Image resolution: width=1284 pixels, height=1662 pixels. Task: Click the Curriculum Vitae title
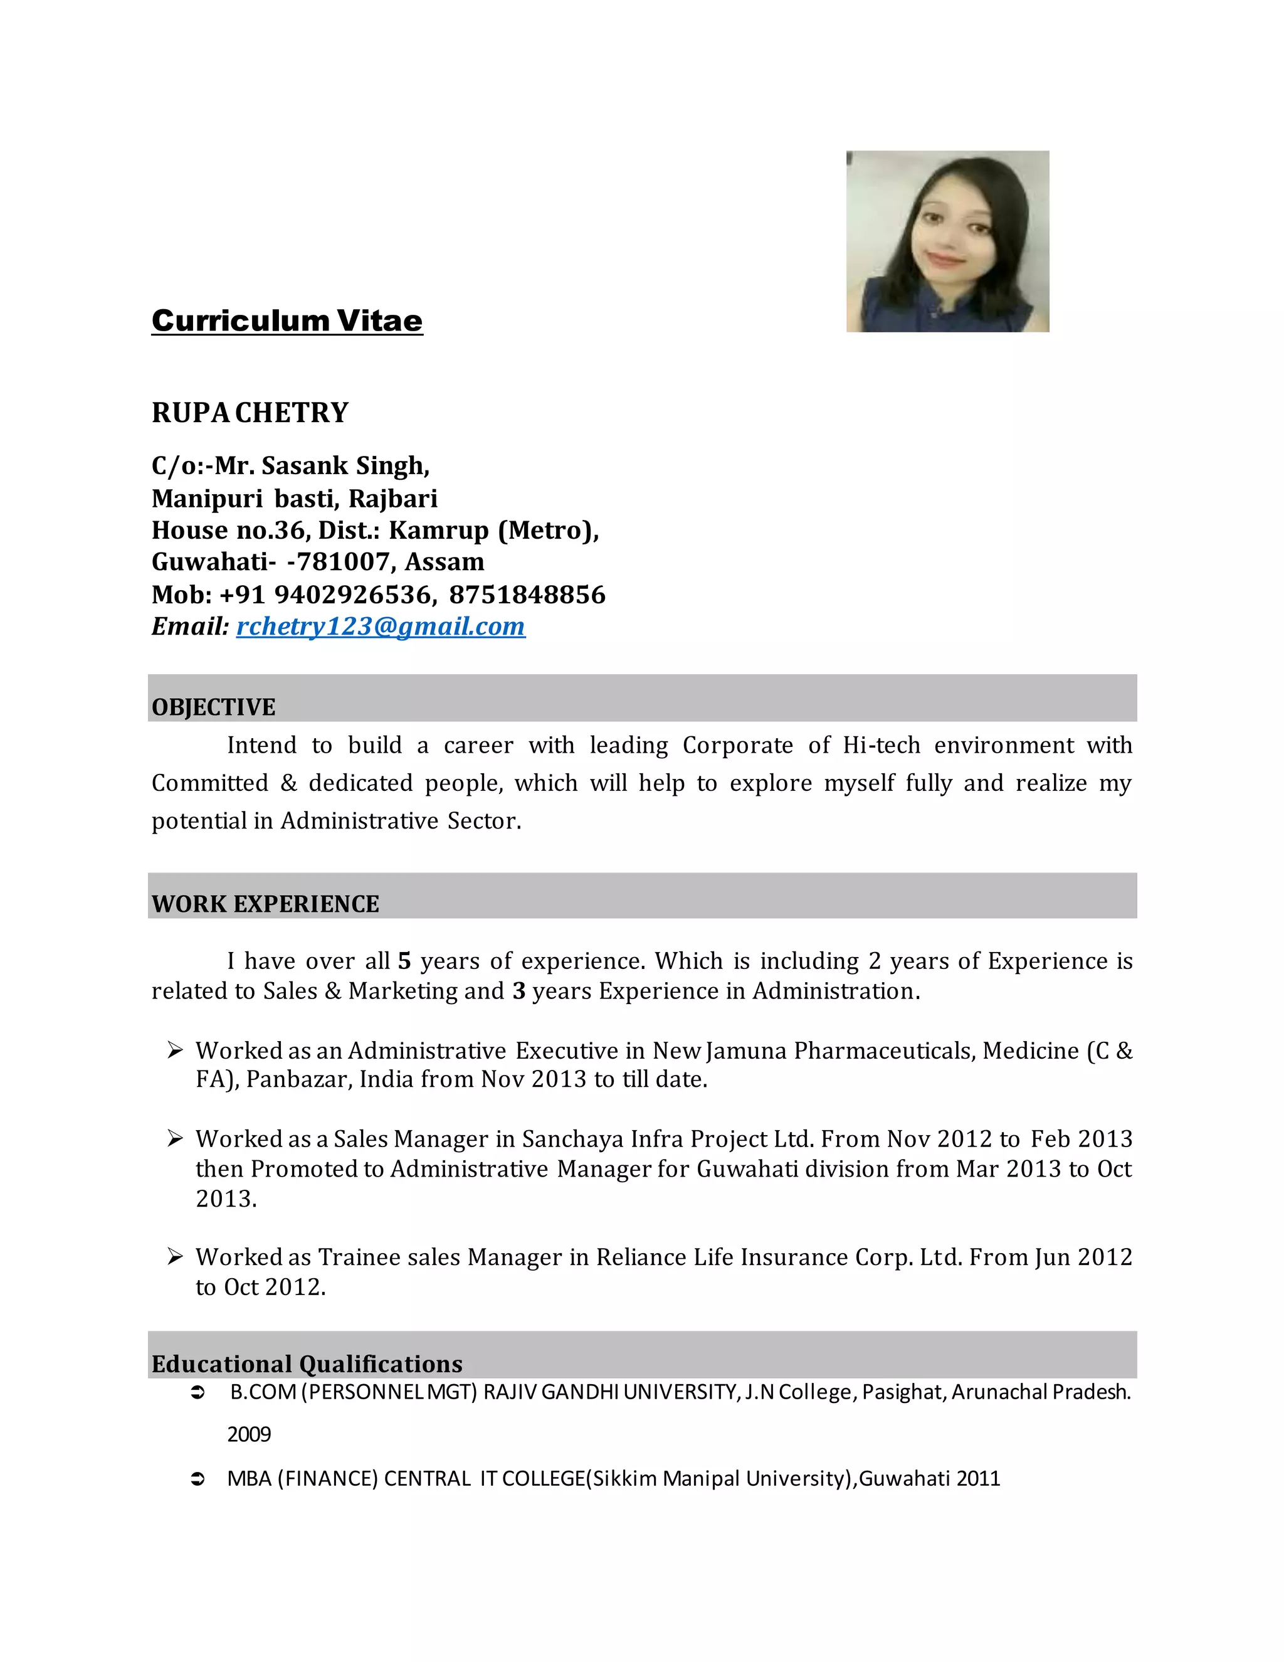287,320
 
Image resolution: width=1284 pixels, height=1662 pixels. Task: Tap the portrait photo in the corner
947,241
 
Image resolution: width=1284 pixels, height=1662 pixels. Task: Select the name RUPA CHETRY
250,413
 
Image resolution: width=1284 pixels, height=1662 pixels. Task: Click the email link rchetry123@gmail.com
381,627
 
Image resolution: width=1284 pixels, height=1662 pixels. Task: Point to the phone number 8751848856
527,595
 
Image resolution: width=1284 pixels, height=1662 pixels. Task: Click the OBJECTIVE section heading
214,707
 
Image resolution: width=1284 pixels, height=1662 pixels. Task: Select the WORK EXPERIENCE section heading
265,904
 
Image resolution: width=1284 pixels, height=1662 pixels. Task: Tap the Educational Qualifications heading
307,1363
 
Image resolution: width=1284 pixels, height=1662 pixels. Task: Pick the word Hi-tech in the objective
881,745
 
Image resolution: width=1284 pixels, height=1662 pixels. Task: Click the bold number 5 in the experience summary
404,961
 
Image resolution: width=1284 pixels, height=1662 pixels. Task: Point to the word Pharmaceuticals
884,1051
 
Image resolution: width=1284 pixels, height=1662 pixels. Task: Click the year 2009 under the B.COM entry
249,1434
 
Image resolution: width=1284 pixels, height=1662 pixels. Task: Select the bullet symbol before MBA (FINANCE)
197,1479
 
